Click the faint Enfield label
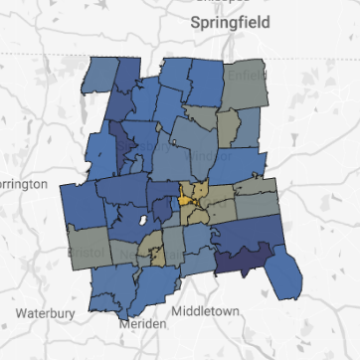tap(242, 75)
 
